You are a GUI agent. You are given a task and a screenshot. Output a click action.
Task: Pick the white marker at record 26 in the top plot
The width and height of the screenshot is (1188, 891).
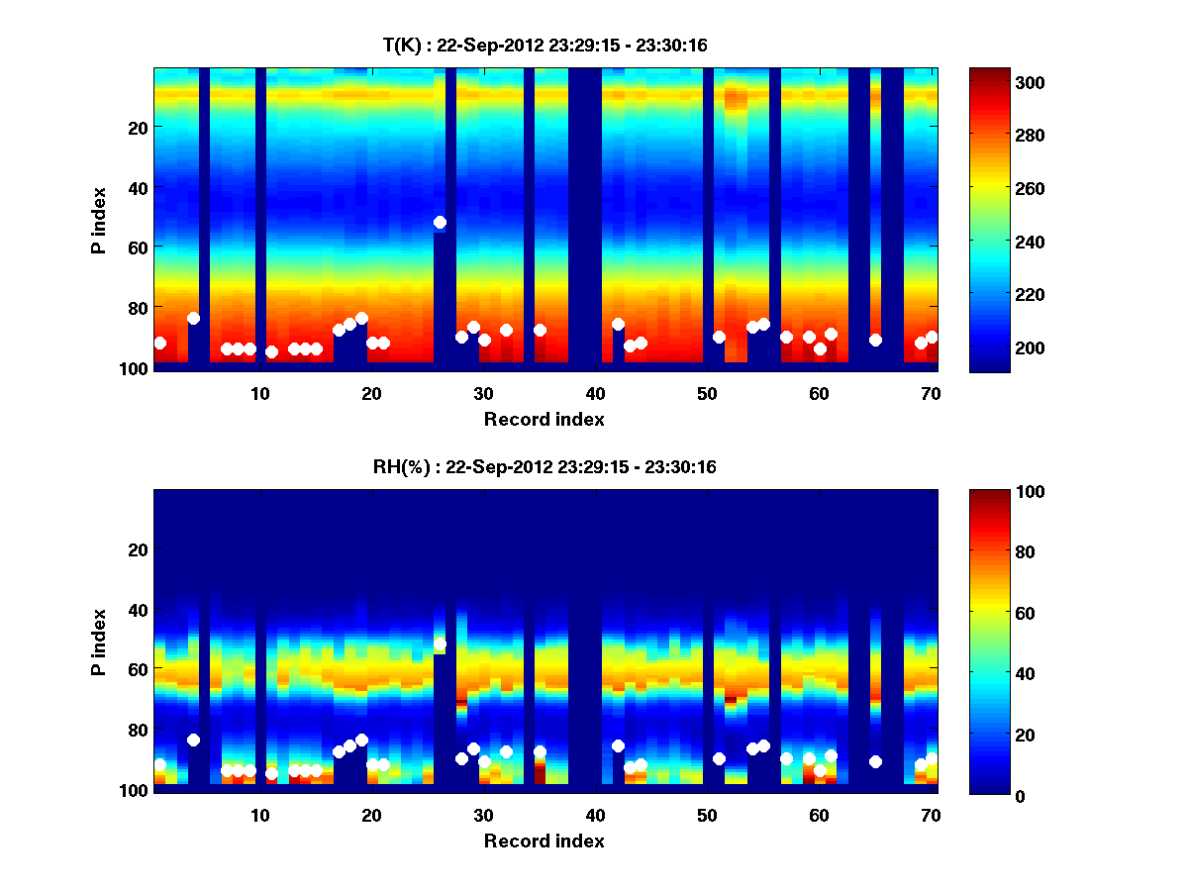pyautogui.click(x=440, y=223)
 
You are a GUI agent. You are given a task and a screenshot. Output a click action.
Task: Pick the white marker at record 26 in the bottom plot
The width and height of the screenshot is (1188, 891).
pyautogui.click(x=440, y=644)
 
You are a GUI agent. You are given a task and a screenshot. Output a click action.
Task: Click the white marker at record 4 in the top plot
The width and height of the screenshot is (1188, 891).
pyautogui.click(x=193, y=318)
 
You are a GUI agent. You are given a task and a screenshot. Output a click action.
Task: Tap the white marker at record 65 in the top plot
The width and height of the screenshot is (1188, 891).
pyautogui.click(x=875, y=340)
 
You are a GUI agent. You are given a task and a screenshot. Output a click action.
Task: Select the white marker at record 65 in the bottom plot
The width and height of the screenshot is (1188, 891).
pyautogui.click(x=875, y=761)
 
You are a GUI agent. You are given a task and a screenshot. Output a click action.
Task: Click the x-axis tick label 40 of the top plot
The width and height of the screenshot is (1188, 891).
pyautogui.click(x=595, y=393)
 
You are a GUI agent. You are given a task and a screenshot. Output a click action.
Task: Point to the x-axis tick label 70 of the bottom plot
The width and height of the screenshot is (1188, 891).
pyautogui.click(x=931, y=815)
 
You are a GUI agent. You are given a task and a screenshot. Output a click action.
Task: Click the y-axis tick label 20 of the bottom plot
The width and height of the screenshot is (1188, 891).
pyautogui.click(x=139, y=549)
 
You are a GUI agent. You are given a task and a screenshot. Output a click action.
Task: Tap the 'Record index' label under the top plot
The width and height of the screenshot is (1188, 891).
pyautogui.click(x=544, y=420)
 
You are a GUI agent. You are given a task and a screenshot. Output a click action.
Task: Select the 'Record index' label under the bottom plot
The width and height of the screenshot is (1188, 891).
pyautogui.click(x=544, y=841)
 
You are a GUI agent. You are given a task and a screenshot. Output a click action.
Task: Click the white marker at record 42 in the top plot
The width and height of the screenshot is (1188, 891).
pyautogui.click(x=618, y=324)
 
